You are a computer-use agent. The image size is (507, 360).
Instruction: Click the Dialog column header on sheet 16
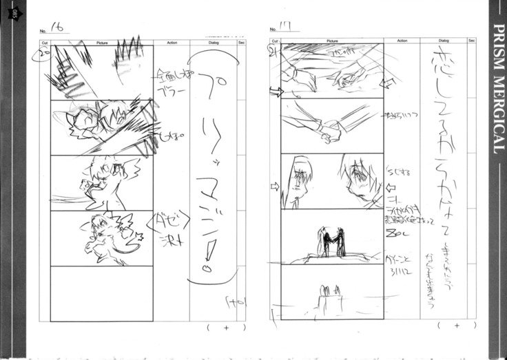click(x=211, y=42)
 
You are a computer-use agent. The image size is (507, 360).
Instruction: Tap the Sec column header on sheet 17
click(x=472, y=42)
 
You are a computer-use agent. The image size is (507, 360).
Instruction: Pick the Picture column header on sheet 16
click(x=102, y=42)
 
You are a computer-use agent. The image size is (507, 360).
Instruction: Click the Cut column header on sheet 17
click(x=273, y=42)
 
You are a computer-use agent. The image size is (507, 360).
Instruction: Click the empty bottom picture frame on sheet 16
click(x=102, y=293)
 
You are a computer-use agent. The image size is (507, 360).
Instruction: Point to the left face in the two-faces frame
click(x=301, y=180)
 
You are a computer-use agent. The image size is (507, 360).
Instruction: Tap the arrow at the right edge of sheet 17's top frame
click(x=388, y=83)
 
